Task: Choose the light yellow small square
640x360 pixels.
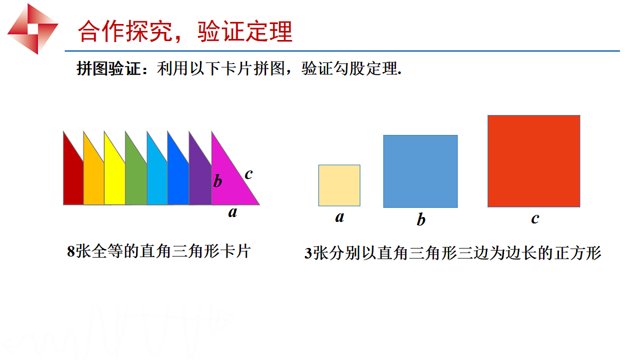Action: tap(339, 185)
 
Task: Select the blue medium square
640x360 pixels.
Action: tap(420, 171)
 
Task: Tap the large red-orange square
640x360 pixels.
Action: tap(533, 161)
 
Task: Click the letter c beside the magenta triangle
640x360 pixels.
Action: tap(249, 173)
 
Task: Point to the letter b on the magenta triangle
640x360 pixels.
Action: tap(217, 181)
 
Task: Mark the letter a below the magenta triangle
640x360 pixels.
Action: tap(233, 212)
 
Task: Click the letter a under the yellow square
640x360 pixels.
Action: tap(339, 217)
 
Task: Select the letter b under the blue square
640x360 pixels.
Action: tap(421, 219)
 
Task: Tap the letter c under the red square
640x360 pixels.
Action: tap(534, 218)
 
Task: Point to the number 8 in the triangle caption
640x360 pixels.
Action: tap(70, 252)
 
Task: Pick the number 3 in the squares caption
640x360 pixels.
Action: tap(308, 254)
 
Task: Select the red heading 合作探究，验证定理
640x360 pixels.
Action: tap(185, 31)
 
